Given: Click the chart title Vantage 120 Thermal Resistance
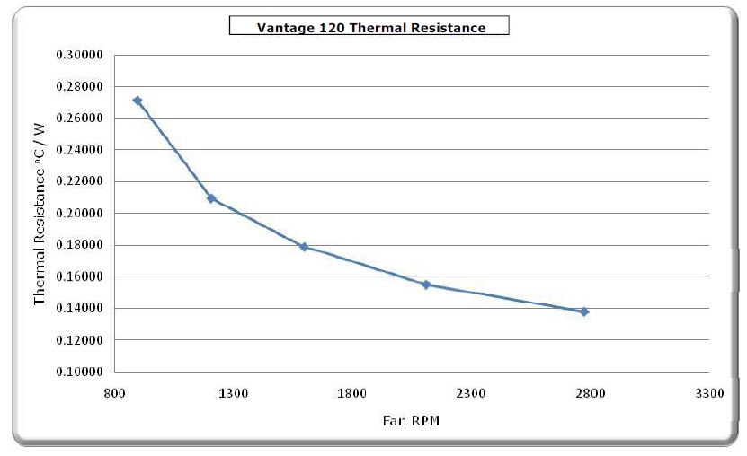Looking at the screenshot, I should pos(370,27).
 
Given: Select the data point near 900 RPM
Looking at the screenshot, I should pos(137,101).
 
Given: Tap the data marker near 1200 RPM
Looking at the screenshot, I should pos(211,198).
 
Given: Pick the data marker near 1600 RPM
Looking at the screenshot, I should pos(304,246).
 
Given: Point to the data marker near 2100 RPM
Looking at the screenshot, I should pos(426,285).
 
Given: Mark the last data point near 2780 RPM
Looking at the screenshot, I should pos(584,311).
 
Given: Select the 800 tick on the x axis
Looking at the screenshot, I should pos(114,393).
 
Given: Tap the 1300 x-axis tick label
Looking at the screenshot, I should pos(234,393).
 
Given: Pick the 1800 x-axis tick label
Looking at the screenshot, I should pos(352,393).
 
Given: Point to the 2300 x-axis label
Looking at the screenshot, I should pos(471,393).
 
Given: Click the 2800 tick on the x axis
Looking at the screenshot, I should pos(590,393).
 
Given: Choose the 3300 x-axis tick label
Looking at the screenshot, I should pos(709,393).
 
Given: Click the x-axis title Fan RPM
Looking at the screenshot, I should pos(411,419).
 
